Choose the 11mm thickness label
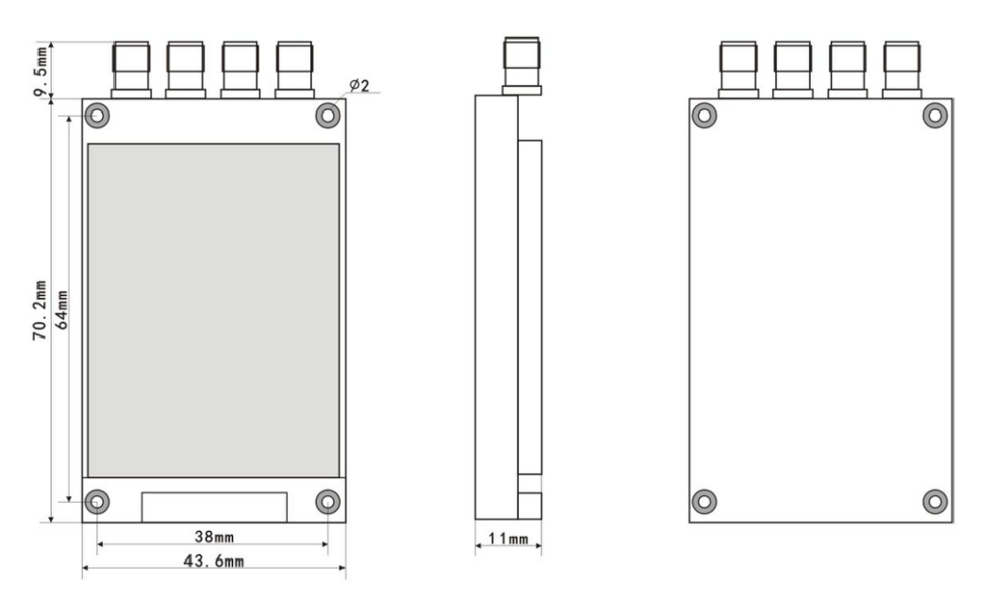click(507, 539)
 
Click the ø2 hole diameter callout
click(358, 86)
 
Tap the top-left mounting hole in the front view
click(98, 115)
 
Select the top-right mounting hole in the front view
click(327, 115)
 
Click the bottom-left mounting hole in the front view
click(98, 501)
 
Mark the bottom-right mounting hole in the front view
click(327, 501)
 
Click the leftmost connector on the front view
click(131, 69)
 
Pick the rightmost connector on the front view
click(294, 69)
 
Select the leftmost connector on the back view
click(737, 69)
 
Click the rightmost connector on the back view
click(902, 69)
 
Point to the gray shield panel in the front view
click(213, 310)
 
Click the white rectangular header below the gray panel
click(213, 507)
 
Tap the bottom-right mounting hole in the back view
click(934, 501)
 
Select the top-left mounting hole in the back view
click(704, 115)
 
